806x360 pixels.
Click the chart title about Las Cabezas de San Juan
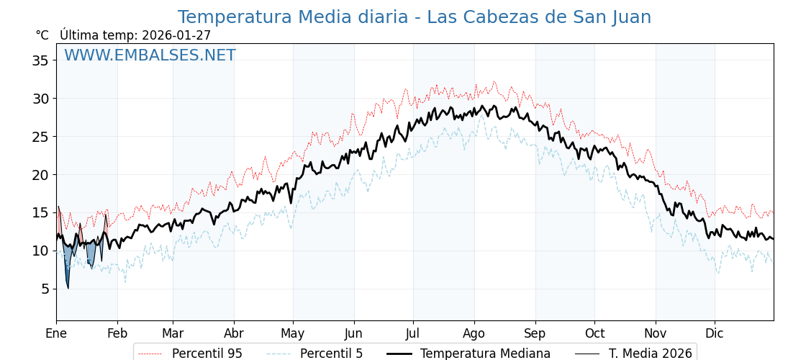click(x=414, y=17)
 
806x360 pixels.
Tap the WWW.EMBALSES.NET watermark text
click(x=150, y=55)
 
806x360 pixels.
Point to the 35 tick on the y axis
click(x=40, y=60)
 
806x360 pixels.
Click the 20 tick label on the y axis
click(x=40, y=174)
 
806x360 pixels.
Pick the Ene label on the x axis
click(x=56, y=333)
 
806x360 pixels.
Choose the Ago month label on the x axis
click(x=474, y=333)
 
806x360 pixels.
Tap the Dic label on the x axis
click(x=715, y=333)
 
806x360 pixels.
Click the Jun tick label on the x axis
click(x=353, y=333)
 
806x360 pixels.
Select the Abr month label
click(x=234, y=333)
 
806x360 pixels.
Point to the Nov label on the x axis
click(x=656, y=333)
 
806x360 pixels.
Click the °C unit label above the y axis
click(x=42, y=35)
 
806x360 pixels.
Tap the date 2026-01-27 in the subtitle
click(x=176, y=35)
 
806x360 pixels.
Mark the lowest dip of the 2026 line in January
click(x=68, y=288)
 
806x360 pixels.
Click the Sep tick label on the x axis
click(x=535, y=333)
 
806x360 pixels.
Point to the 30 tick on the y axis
click(x=40, y=99)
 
